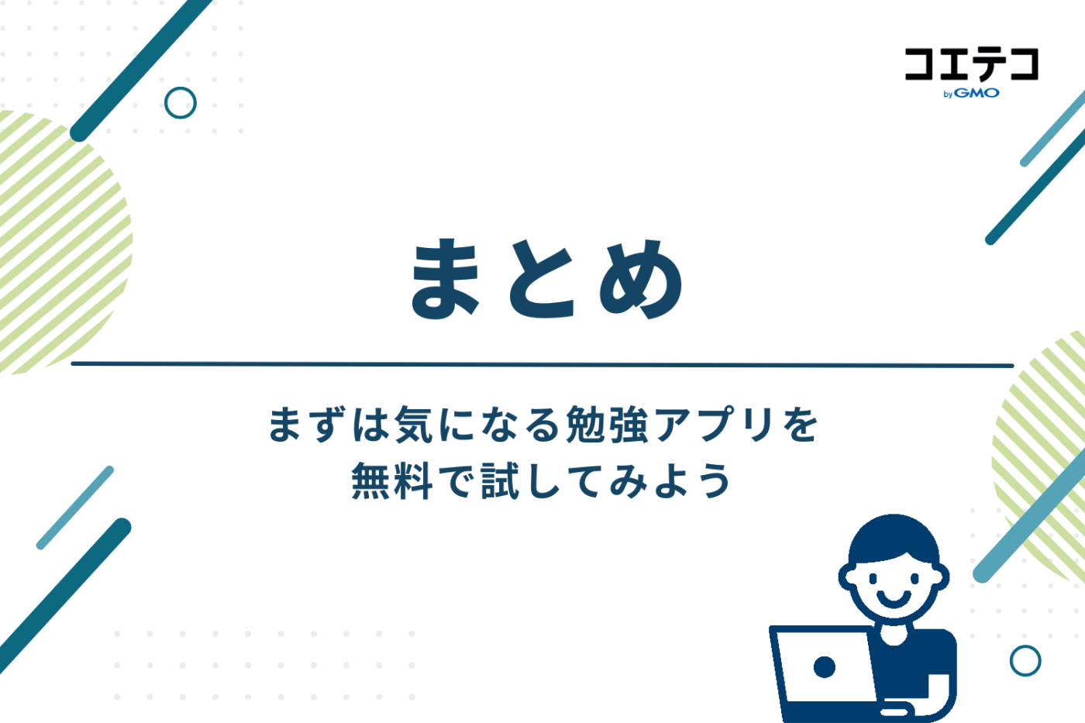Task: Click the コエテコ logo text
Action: pos(971,64)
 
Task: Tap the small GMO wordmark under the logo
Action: pos(976,93)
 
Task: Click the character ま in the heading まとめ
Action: pos(446,279)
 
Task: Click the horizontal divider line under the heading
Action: pos(542,364)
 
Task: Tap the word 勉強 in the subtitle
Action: pos(607,425)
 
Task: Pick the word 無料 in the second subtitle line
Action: pos(392,480)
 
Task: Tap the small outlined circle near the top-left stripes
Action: pos(181,102)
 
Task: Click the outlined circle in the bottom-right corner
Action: pos(1025,660)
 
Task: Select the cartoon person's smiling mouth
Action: pos(894,597)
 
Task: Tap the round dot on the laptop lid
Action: pos(824,666)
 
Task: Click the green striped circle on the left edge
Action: pos(54,240)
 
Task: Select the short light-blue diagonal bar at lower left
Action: pos(75,508)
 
